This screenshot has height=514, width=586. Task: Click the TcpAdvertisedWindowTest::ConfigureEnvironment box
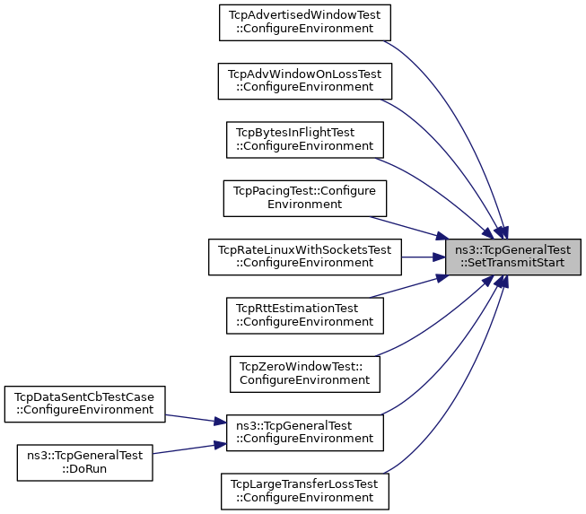point(304,22)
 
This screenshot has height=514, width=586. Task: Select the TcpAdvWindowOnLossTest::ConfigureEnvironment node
point(304,81)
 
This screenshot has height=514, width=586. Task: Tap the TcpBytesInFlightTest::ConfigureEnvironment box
point(304,140)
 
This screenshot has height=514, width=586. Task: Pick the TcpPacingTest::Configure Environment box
point(304,198)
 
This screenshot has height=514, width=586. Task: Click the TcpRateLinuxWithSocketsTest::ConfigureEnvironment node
point(304,257)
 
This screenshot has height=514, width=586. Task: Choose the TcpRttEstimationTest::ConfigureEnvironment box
point(304,316)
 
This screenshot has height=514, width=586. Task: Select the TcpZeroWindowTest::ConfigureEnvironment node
point(304,374)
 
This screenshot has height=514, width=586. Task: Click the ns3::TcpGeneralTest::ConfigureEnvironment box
point(304,432)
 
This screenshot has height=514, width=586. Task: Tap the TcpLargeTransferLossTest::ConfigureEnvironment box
point(304,492)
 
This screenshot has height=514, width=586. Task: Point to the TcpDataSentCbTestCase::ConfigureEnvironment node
point(84,405)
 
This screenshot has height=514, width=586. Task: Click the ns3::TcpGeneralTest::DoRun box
point(84,463)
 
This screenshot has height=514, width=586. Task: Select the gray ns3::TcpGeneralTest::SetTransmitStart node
point(512,257)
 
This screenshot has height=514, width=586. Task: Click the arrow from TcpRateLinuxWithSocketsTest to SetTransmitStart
point(423,257)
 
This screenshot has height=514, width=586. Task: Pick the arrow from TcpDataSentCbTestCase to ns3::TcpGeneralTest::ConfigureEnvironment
point(196,419)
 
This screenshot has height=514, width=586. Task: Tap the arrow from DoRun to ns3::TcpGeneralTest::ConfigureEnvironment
point(189,449)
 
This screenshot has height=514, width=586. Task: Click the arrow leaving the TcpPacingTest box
point(409,228)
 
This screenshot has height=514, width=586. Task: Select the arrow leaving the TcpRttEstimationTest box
point(409,286)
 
